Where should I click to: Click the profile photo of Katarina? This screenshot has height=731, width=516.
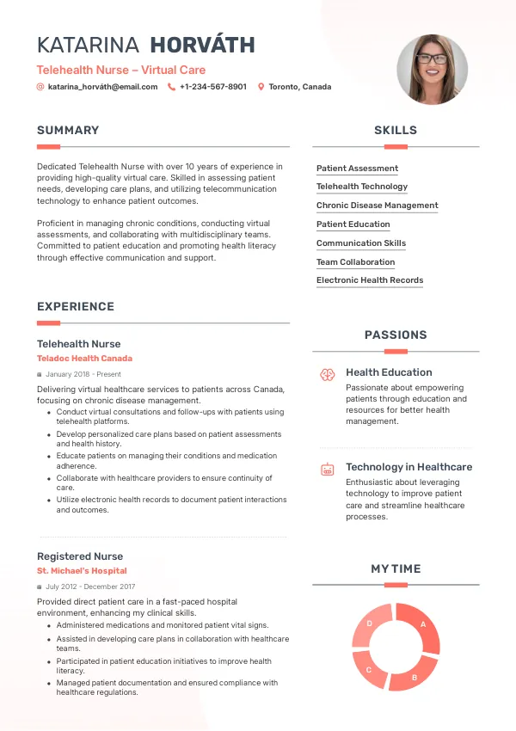coord(432,70)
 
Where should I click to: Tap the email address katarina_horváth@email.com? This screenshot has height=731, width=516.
coord(102,87)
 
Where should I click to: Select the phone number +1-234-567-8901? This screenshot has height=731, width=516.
coord(212,87)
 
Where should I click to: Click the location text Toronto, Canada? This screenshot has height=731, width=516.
coord(299,87)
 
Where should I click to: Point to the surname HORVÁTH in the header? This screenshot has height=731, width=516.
coord(202,46)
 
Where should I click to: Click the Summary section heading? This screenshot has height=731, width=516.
coord(68,131)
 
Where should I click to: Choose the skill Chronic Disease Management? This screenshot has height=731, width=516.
coord(377,206)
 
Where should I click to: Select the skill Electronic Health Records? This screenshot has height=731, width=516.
coord(370,280)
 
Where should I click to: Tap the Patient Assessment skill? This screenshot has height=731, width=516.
coord(357,169)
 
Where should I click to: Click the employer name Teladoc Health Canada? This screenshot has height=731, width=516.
coord(84,359)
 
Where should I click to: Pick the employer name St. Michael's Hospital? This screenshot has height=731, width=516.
coord(82,571)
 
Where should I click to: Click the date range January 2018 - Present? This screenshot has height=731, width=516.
coord(83,375)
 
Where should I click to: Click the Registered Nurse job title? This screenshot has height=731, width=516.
coord(80,556)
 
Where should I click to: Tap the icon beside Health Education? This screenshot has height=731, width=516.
coord(327,374)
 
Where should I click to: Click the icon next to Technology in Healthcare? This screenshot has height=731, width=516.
coord(327,470)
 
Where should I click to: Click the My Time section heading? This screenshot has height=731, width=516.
coord(396,569)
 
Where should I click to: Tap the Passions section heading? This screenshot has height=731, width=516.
coord(396,335)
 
